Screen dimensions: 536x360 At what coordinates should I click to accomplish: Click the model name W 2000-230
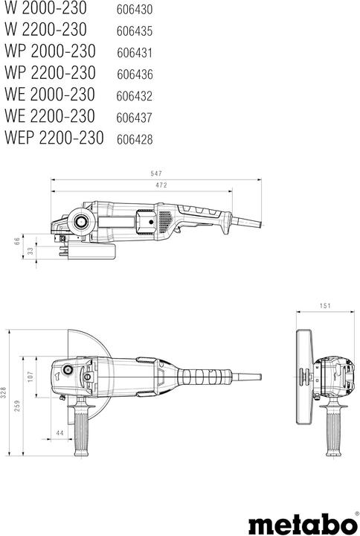45,8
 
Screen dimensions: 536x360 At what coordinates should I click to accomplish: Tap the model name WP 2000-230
51,52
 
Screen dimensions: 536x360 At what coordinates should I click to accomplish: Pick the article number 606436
135,74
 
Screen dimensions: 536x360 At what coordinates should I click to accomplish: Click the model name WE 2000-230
50,95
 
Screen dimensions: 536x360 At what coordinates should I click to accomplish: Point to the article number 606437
135,118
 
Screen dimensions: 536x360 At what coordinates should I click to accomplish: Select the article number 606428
135,139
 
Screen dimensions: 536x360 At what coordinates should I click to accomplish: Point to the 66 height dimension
16,241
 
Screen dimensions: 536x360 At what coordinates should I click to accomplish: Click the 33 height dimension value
30,252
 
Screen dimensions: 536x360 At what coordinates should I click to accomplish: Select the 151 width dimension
324,305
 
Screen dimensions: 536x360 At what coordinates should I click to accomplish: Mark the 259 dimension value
17,406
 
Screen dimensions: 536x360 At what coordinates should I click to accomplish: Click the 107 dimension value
30,377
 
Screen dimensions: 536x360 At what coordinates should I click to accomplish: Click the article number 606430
135,10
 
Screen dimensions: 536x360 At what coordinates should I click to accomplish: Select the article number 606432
135,96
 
